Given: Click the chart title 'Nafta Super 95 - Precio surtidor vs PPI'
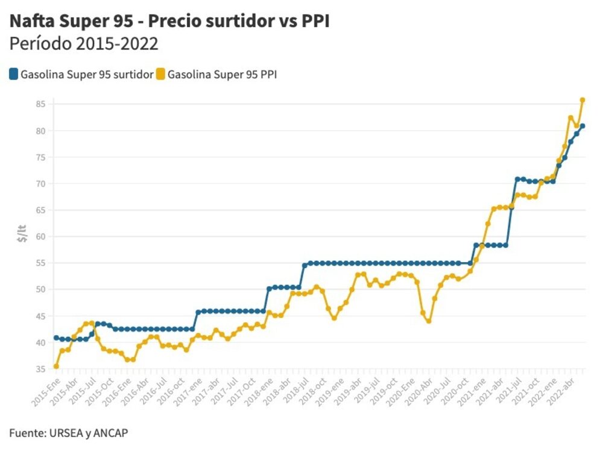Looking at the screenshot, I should [x=169, y=21].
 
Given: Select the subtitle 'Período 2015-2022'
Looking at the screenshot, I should [x=84, y=44].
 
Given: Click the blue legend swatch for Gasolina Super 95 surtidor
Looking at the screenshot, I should [x=13, y=75].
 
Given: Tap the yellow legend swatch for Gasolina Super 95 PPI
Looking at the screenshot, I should [x=160, y=75].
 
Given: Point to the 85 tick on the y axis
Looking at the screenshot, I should [x=40, y=104].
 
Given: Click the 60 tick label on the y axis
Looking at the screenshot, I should [x=40, y=236].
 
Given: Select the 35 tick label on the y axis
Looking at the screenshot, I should [x=40, y=369].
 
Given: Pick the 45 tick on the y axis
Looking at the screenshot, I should [x=40, y=316].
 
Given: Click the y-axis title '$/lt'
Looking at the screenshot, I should [x=22, y=232].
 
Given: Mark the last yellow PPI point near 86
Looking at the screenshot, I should [x=582, y=100].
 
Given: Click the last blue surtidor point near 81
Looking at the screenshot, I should [x=582, y=126].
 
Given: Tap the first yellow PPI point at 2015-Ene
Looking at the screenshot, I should [x=56, y=366].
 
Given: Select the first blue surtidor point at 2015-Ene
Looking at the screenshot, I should [x=56, y=337].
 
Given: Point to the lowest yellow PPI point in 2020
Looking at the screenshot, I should [x=428, y=321].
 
